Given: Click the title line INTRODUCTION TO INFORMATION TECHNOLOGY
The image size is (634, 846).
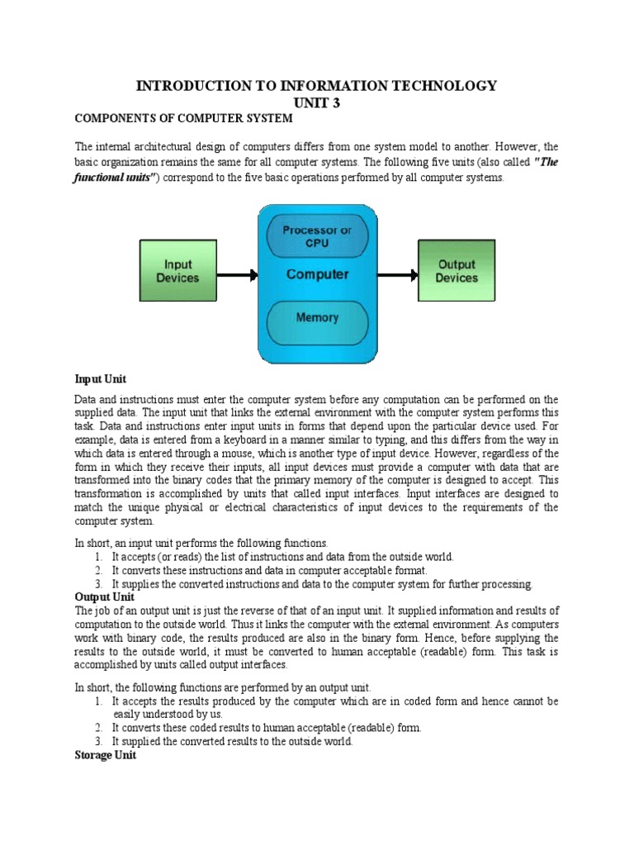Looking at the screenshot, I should click(317, 86).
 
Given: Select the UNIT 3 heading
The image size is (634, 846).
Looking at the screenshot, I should click(317, 102).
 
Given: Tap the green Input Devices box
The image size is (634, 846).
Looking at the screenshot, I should click(177, 271).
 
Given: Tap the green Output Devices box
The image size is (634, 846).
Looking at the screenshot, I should click(457, 271).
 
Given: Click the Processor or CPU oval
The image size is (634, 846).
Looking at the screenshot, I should click(317, 236).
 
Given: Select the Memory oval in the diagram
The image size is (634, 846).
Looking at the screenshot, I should click(317, 317).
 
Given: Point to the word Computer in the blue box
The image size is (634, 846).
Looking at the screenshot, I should click(317, 274).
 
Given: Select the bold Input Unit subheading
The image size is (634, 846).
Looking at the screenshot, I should click(101, 379).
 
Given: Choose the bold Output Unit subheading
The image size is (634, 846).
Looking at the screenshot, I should click(104, 596).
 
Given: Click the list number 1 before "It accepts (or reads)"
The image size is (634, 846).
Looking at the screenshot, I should click(98, 557).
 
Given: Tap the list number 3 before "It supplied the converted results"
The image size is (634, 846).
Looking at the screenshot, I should click(98, 742).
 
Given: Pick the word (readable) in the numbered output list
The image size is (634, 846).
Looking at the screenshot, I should click(371, 729).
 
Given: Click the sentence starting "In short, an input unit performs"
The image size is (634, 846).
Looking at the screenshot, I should click(201, 544).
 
